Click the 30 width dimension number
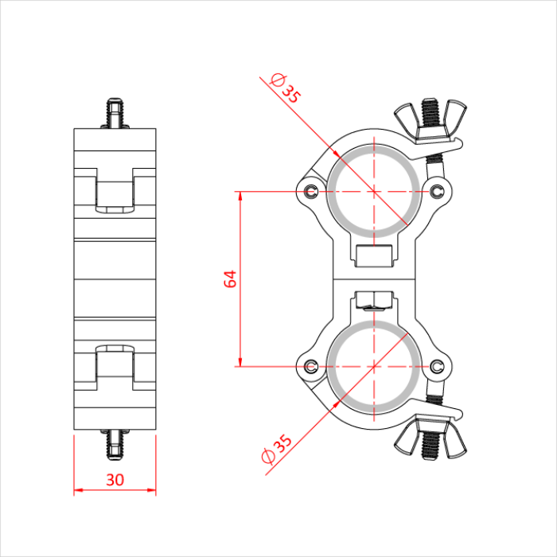click(114, 481)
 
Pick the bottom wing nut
click(430, 439)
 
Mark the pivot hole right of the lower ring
click(438, 366)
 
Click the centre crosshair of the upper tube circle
click(374, 191)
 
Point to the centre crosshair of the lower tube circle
click(374, 366)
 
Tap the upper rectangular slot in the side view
click(114, 194)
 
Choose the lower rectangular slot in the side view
click(114, 363)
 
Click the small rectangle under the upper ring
click(374, 257)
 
